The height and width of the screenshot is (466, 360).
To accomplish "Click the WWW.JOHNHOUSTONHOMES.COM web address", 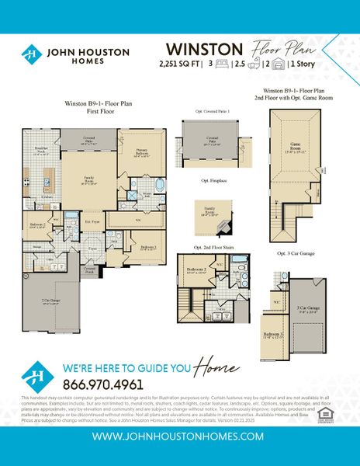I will (x=179, y=437).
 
